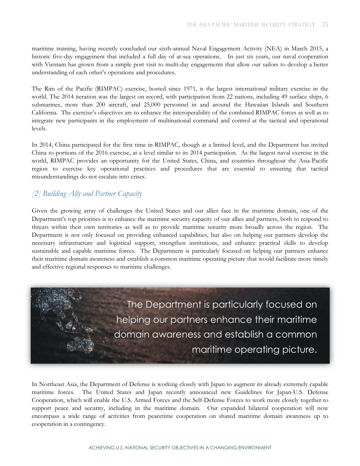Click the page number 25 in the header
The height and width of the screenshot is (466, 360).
pos(325,25)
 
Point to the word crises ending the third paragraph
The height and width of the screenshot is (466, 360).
pos(137,177)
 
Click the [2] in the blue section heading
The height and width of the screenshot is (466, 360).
pos(36,194)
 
